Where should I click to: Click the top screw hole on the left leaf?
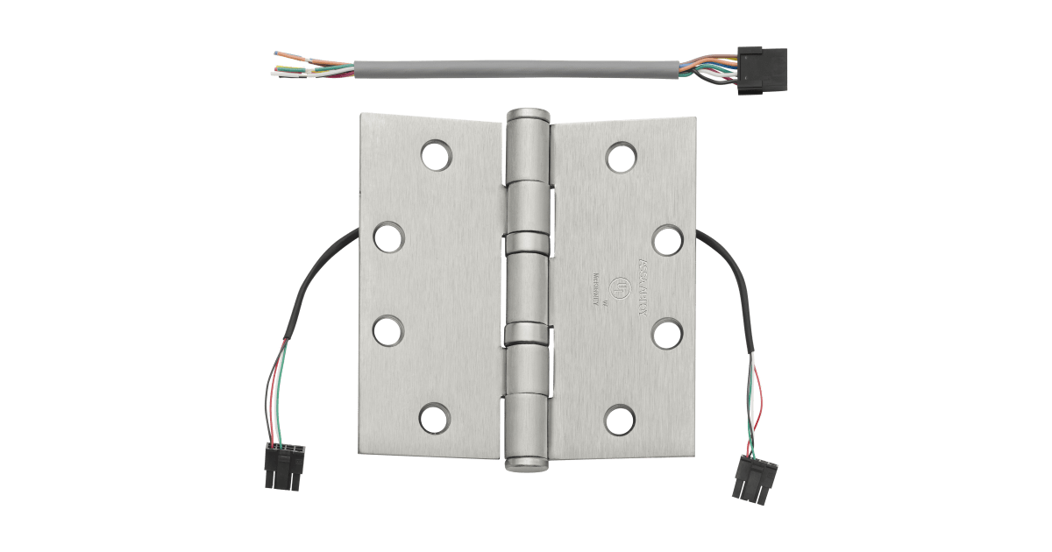[x=433, y=155]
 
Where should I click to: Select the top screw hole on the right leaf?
[x=621, y=155]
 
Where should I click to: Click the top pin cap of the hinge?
[x=527, y=116]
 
